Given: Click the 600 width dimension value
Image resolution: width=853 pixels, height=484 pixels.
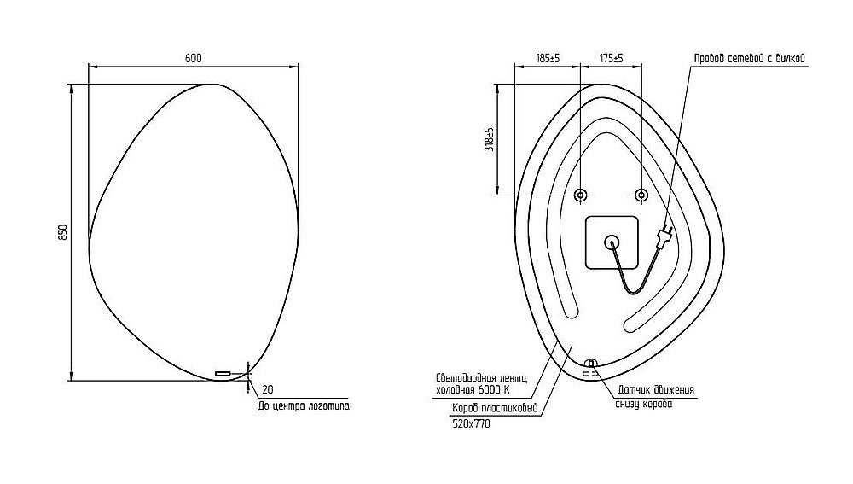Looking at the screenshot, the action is [193, 58].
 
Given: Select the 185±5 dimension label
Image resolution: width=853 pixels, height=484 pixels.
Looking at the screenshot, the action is [548, 58].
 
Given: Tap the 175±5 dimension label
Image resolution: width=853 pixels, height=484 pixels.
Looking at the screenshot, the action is [612, 58].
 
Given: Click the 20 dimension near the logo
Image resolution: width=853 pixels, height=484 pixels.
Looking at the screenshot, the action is [268, 390].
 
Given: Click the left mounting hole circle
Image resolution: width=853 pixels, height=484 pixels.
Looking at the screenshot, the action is [580, 195].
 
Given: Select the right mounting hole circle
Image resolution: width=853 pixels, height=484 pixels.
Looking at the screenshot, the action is [641, 195].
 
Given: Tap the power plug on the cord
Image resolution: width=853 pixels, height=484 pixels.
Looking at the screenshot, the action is [665, 236].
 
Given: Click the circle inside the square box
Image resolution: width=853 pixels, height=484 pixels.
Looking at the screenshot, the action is [612, 242].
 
